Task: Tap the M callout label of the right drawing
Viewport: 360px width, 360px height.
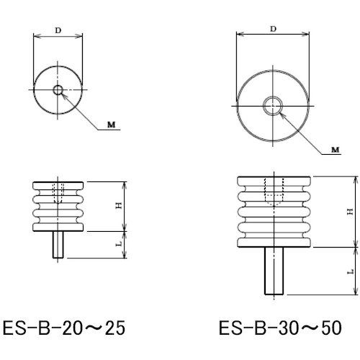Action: coord(335,148)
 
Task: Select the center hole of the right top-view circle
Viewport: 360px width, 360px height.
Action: coord(273,105)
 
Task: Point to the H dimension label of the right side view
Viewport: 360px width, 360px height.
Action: coord(349,210)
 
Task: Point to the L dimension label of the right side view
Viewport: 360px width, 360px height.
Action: coord(349,272)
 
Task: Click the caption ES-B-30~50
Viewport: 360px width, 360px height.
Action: coord(279,329)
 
